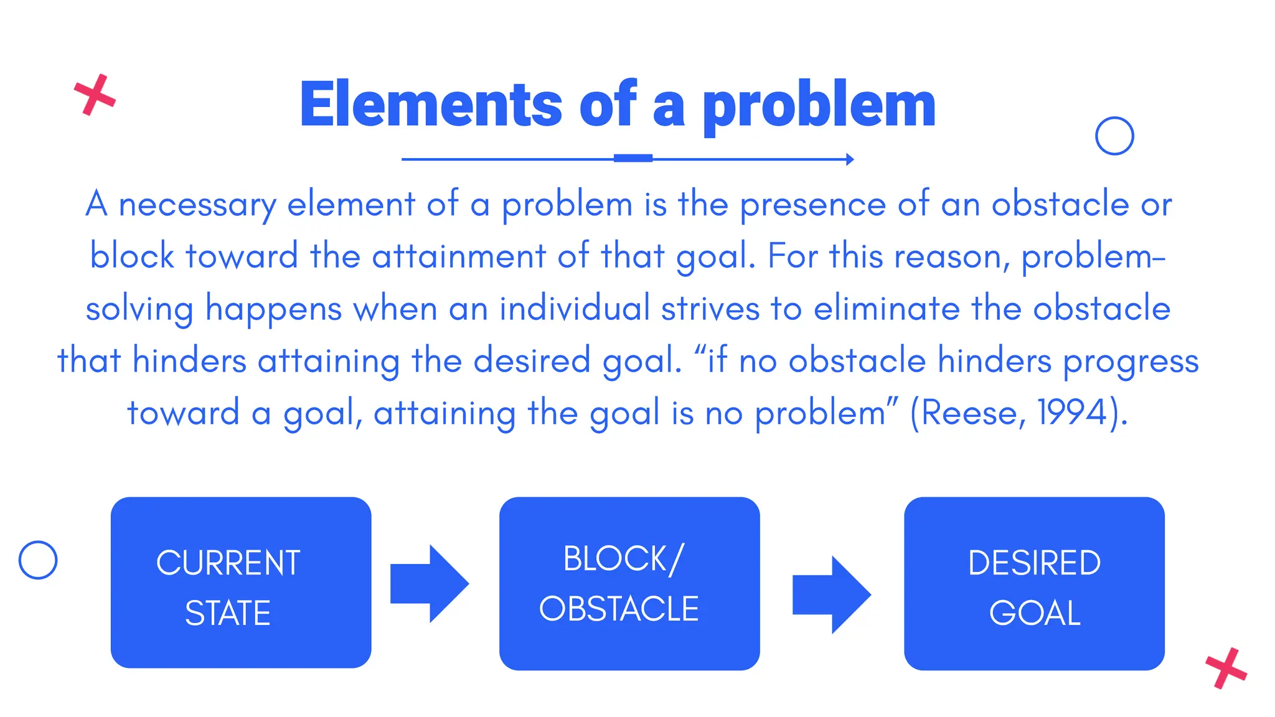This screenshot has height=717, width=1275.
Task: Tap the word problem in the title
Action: (819, 106)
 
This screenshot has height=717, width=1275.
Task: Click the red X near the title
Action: (95, 95)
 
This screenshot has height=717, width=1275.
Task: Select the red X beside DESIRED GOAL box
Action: (1226, 668)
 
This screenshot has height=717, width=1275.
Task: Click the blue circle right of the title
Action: (1114, 136)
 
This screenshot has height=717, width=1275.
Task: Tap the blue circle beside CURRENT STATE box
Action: (38, 560)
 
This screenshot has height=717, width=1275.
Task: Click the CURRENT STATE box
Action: (241, 583)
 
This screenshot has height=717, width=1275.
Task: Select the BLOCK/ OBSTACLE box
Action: (629, 583)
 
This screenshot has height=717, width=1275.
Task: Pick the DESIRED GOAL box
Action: (1034, 583)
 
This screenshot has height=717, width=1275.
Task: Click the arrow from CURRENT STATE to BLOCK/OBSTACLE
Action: (429, 584)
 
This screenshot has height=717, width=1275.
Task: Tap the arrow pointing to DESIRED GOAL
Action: (831, 595)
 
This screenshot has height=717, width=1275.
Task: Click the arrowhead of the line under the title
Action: (850, 159)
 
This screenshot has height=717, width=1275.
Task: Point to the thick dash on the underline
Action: (633, 158)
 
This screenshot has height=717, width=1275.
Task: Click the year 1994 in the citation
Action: (1072, 412)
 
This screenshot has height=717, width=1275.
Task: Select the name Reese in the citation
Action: (969, 412)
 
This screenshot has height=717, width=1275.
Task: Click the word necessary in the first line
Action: (197, 205)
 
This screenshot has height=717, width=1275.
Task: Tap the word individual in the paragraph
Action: (575, 308)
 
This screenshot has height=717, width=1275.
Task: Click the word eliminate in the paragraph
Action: (887, 308)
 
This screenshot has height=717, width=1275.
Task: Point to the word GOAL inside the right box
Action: (1035, 613)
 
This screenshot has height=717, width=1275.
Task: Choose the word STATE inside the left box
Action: (228, 613)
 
